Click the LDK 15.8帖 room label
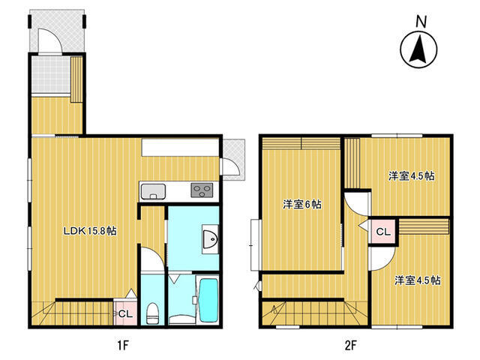(90, 231)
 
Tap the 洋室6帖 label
(301, 204)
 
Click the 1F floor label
(123, 346)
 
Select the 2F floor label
(351, 346)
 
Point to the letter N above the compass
(421, 22)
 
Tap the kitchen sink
(153, 192)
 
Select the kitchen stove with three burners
(202, 190)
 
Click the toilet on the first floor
(152, 313)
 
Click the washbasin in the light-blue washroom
(210, 238)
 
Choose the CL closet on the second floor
(383, 232)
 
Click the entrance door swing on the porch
(49, 41)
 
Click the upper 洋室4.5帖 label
(412, 176)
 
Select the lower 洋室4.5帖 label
(417, 280)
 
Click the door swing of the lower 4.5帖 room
(382, 259)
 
